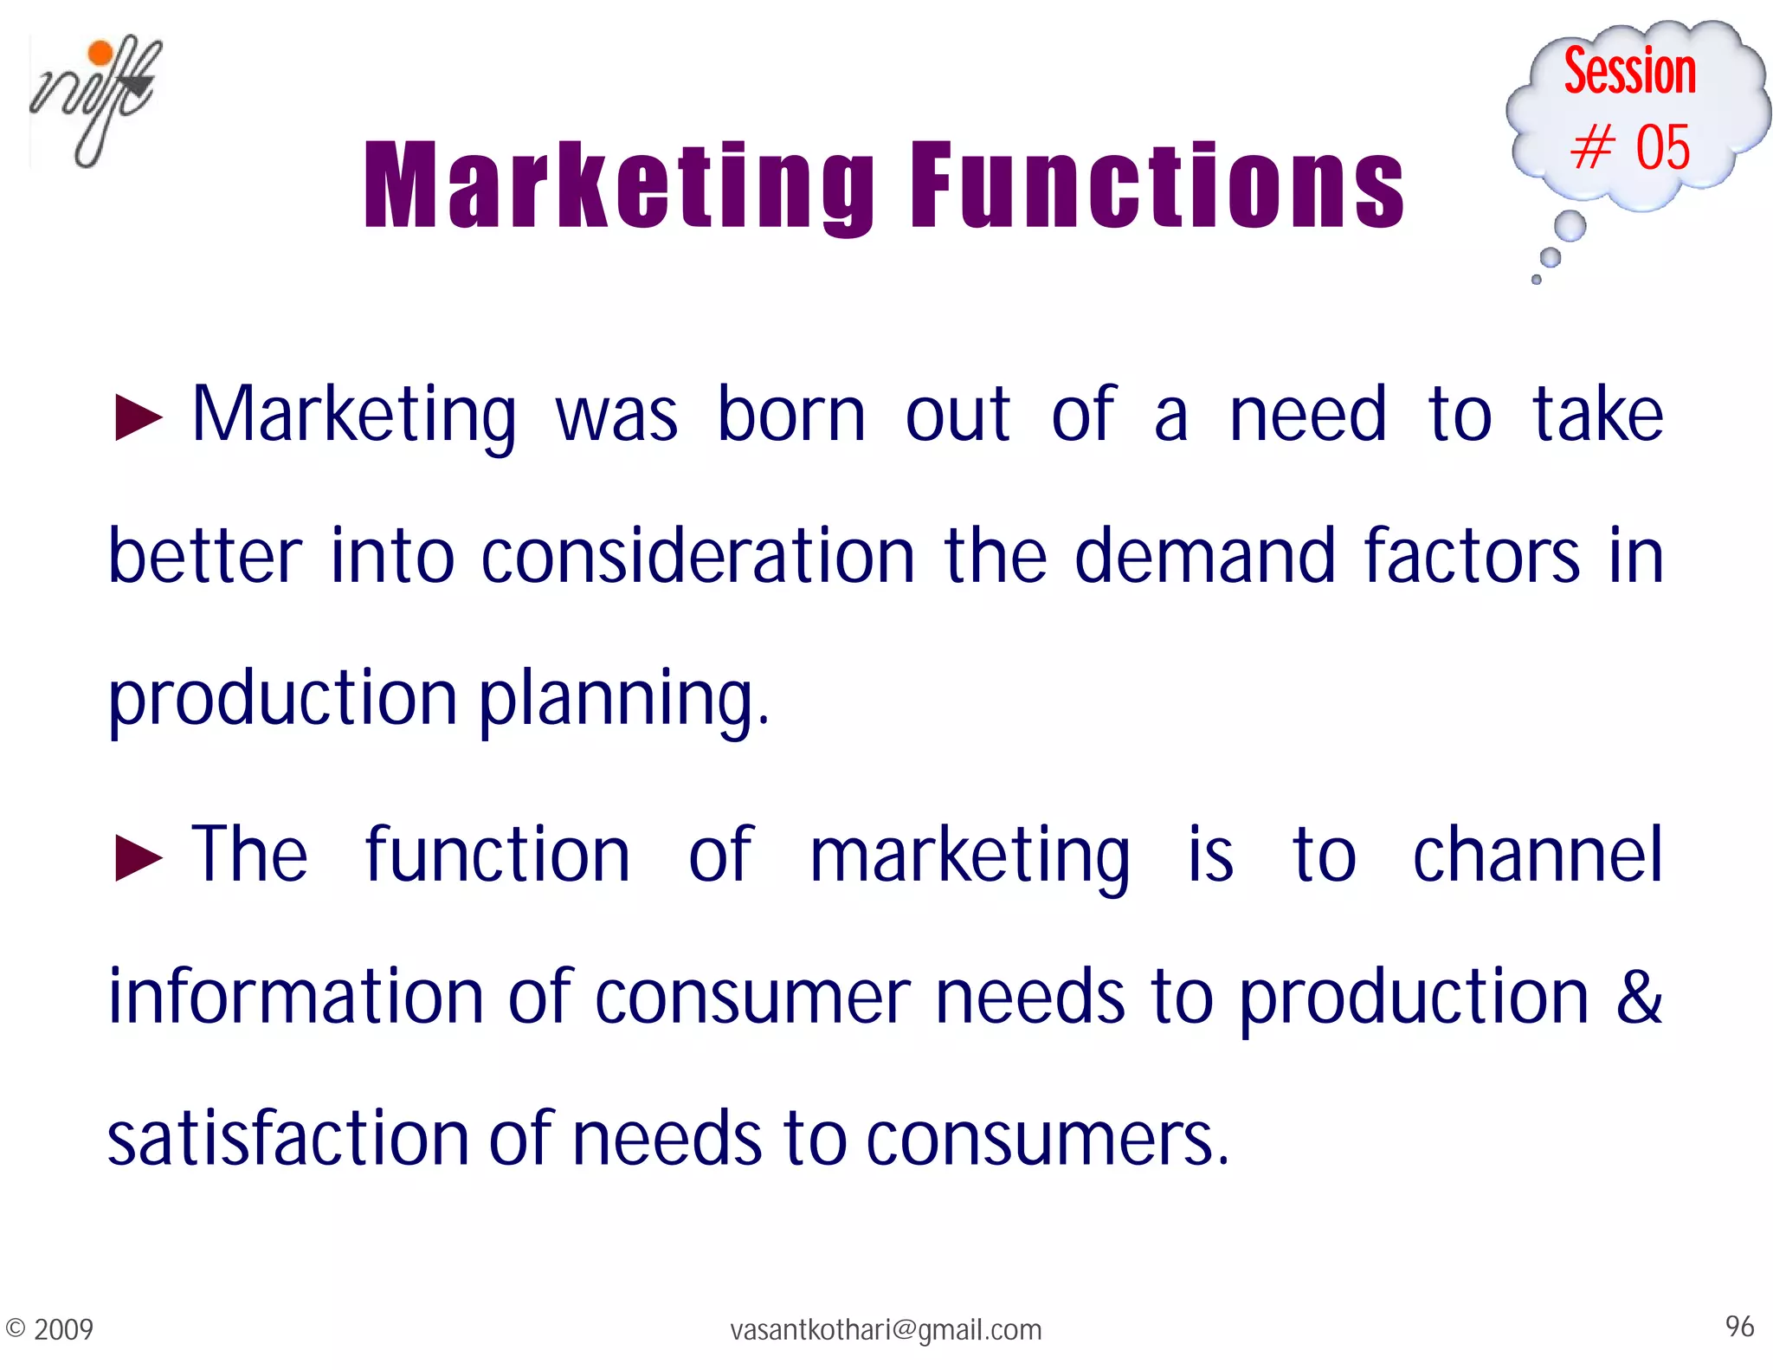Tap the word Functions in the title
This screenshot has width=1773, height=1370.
[x=1157, y=186]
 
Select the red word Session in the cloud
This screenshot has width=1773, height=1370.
[x=1629, y=71]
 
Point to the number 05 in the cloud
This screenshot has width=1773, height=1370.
[x=1662, y=147]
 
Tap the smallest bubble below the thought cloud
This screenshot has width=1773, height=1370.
[x=1537, y=280]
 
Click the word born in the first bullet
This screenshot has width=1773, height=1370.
[x=791, y=416]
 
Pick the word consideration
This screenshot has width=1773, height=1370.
[x=698, y=556]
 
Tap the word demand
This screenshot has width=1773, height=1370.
[x=1205, y=556]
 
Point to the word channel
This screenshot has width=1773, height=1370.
[x=1538, y=856]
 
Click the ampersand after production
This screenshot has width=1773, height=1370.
[x=1639, y=996]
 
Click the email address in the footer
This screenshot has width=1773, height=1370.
[x=886, y=1329]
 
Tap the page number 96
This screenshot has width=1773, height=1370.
[x=1739, y=1327]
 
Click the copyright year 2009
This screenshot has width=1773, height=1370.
[x=63, y=1329]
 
